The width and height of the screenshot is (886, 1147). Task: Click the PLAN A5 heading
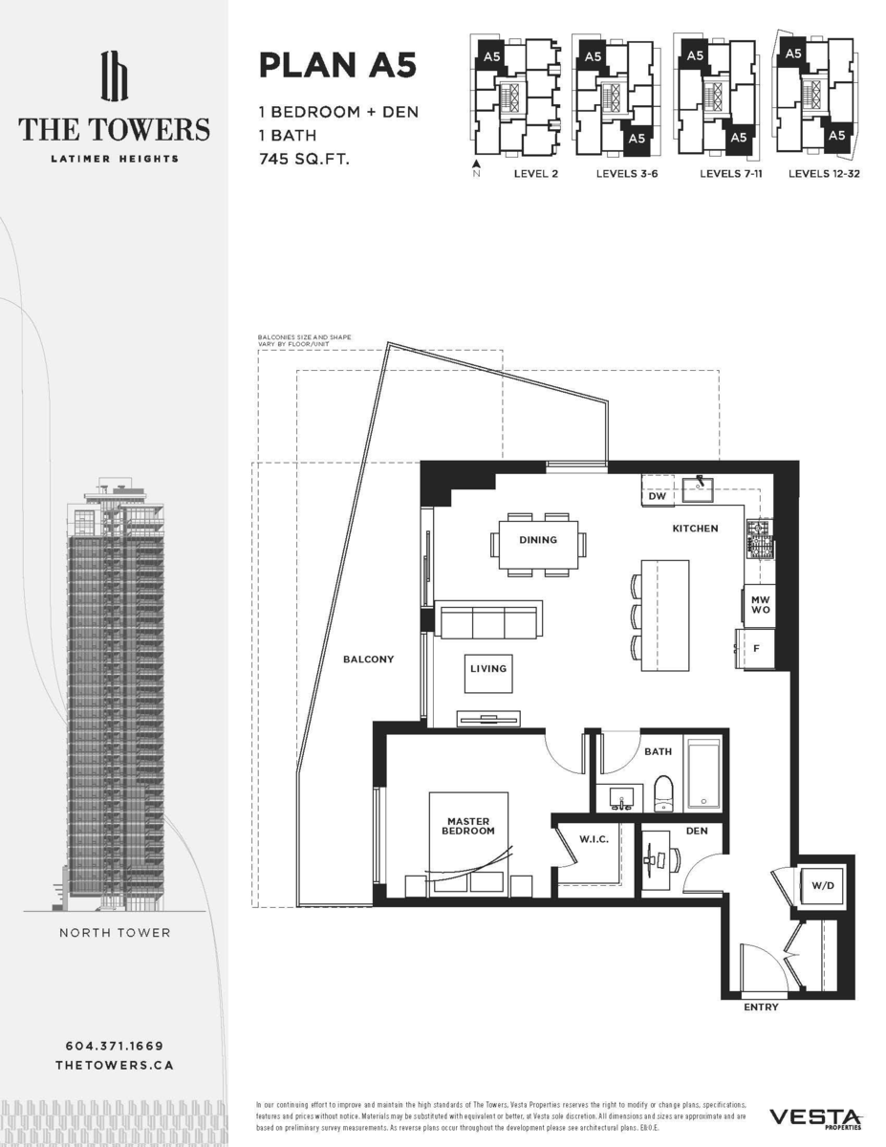tap(337, 67)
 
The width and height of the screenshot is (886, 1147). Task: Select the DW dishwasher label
tap(657, 497)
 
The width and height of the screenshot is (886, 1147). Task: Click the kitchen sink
tap(700, 489)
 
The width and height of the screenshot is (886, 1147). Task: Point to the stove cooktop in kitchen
tap(759, 541)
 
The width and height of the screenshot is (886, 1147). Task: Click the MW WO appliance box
tap(761, 604)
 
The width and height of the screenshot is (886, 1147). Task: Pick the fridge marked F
tap(755, 649)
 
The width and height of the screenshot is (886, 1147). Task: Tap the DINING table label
tap(538, 540)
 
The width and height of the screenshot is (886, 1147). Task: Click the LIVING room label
tap(487, 669)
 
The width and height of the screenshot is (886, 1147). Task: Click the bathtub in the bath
tap(704, 772)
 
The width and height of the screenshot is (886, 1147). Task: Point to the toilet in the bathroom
tap(664, 791)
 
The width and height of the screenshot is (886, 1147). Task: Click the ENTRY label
tap(761, 1007)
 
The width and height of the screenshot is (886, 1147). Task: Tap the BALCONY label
tap(369, 660)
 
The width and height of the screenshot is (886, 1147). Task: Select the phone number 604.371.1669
tap(115, 1046)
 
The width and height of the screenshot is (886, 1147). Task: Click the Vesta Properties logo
tap(815, 1117)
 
